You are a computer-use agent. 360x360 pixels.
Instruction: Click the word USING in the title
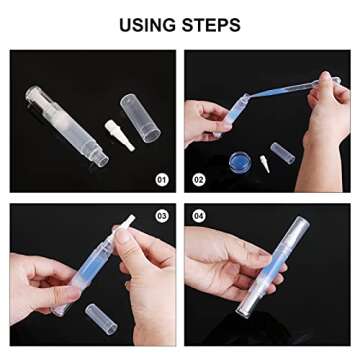147,23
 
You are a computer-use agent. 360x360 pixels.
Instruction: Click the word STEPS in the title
214,23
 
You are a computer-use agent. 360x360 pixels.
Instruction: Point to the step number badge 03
163,215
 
